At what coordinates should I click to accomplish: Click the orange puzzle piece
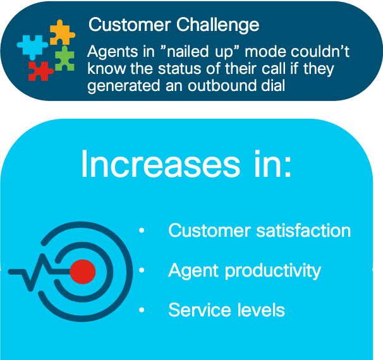pos(62,33)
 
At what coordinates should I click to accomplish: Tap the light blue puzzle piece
pos(32,47)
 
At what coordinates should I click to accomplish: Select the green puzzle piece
pos(64,59)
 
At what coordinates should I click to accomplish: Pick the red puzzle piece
pos(40,71)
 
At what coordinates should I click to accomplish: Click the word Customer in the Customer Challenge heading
pos(130,25)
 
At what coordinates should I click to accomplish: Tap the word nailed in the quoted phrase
pos(188,51)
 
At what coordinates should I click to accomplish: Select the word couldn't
pos(321,51)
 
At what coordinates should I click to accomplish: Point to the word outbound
pos(222,86)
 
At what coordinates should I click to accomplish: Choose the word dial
pos(273,86)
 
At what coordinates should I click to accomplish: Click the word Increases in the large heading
pos(161,164)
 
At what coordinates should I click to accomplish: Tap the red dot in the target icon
pos(83,272)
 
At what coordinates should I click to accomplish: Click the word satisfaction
pos(303,230)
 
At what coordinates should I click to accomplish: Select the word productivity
pos(273,271)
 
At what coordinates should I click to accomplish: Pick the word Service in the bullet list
pos(199,310)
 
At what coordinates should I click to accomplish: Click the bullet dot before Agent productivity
pos(142,270)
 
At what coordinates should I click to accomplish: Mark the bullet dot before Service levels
pos(142,309)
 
